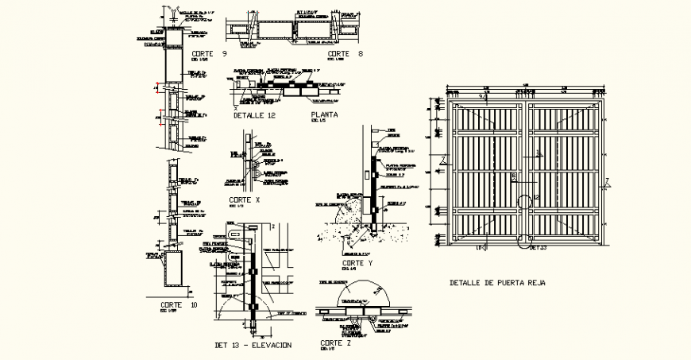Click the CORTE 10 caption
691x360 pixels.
[179, 305]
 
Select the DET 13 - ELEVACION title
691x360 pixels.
[253, 345]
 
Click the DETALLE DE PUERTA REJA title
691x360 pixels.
[497, 283]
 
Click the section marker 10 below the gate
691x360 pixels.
[481, 249]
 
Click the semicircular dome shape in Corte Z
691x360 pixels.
[362, 296]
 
